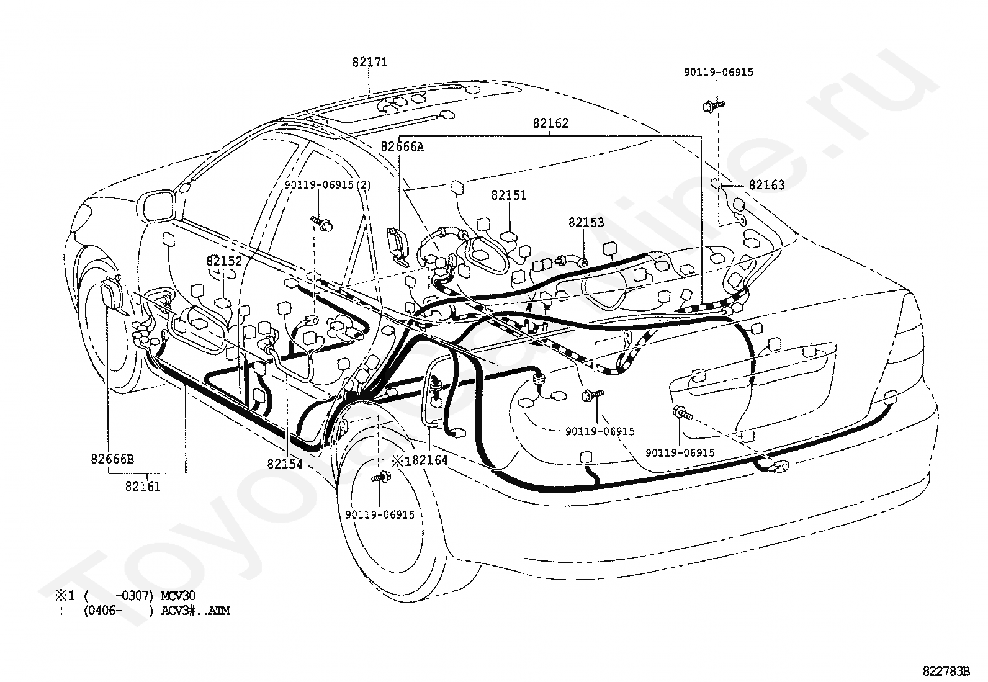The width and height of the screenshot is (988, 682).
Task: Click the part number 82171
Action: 370,62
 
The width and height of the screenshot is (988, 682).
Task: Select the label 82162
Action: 550,123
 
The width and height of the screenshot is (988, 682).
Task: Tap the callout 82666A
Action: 402,146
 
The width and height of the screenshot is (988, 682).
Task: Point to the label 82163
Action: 766,185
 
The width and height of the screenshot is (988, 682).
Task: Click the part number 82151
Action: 509,195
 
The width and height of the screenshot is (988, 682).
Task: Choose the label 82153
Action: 586,222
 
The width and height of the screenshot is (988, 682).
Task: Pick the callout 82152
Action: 224,261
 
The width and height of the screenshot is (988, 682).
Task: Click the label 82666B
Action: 112,459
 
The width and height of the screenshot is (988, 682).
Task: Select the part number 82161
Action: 143,486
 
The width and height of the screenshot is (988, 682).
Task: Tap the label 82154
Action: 285,464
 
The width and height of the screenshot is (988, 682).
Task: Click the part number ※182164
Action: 420,460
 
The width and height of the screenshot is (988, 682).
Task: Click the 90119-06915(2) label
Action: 328,186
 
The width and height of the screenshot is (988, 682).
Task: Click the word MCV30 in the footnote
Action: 177,596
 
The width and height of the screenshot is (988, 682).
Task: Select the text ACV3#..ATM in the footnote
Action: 195,611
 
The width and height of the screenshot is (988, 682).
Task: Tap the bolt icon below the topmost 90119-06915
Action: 713,106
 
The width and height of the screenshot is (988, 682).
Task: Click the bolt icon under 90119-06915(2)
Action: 323,224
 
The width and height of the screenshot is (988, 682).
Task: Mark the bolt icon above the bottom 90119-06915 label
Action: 380,477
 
